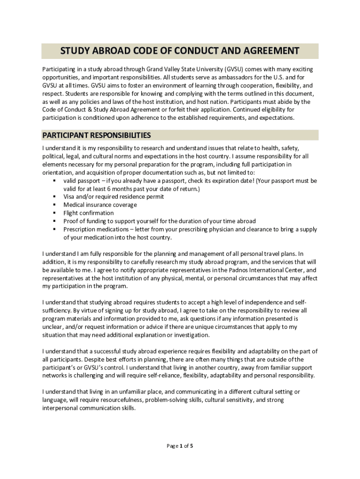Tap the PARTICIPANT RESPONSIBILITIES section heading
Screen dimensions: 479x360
click(x=96, y=135)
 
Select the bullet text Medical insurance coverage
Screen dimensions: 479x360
click(x=100, y=205)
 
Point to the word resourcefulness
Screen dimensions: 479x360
click(x=121, y=400)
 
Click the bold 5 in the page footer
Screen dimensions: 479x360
click(x=191, y=446)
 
